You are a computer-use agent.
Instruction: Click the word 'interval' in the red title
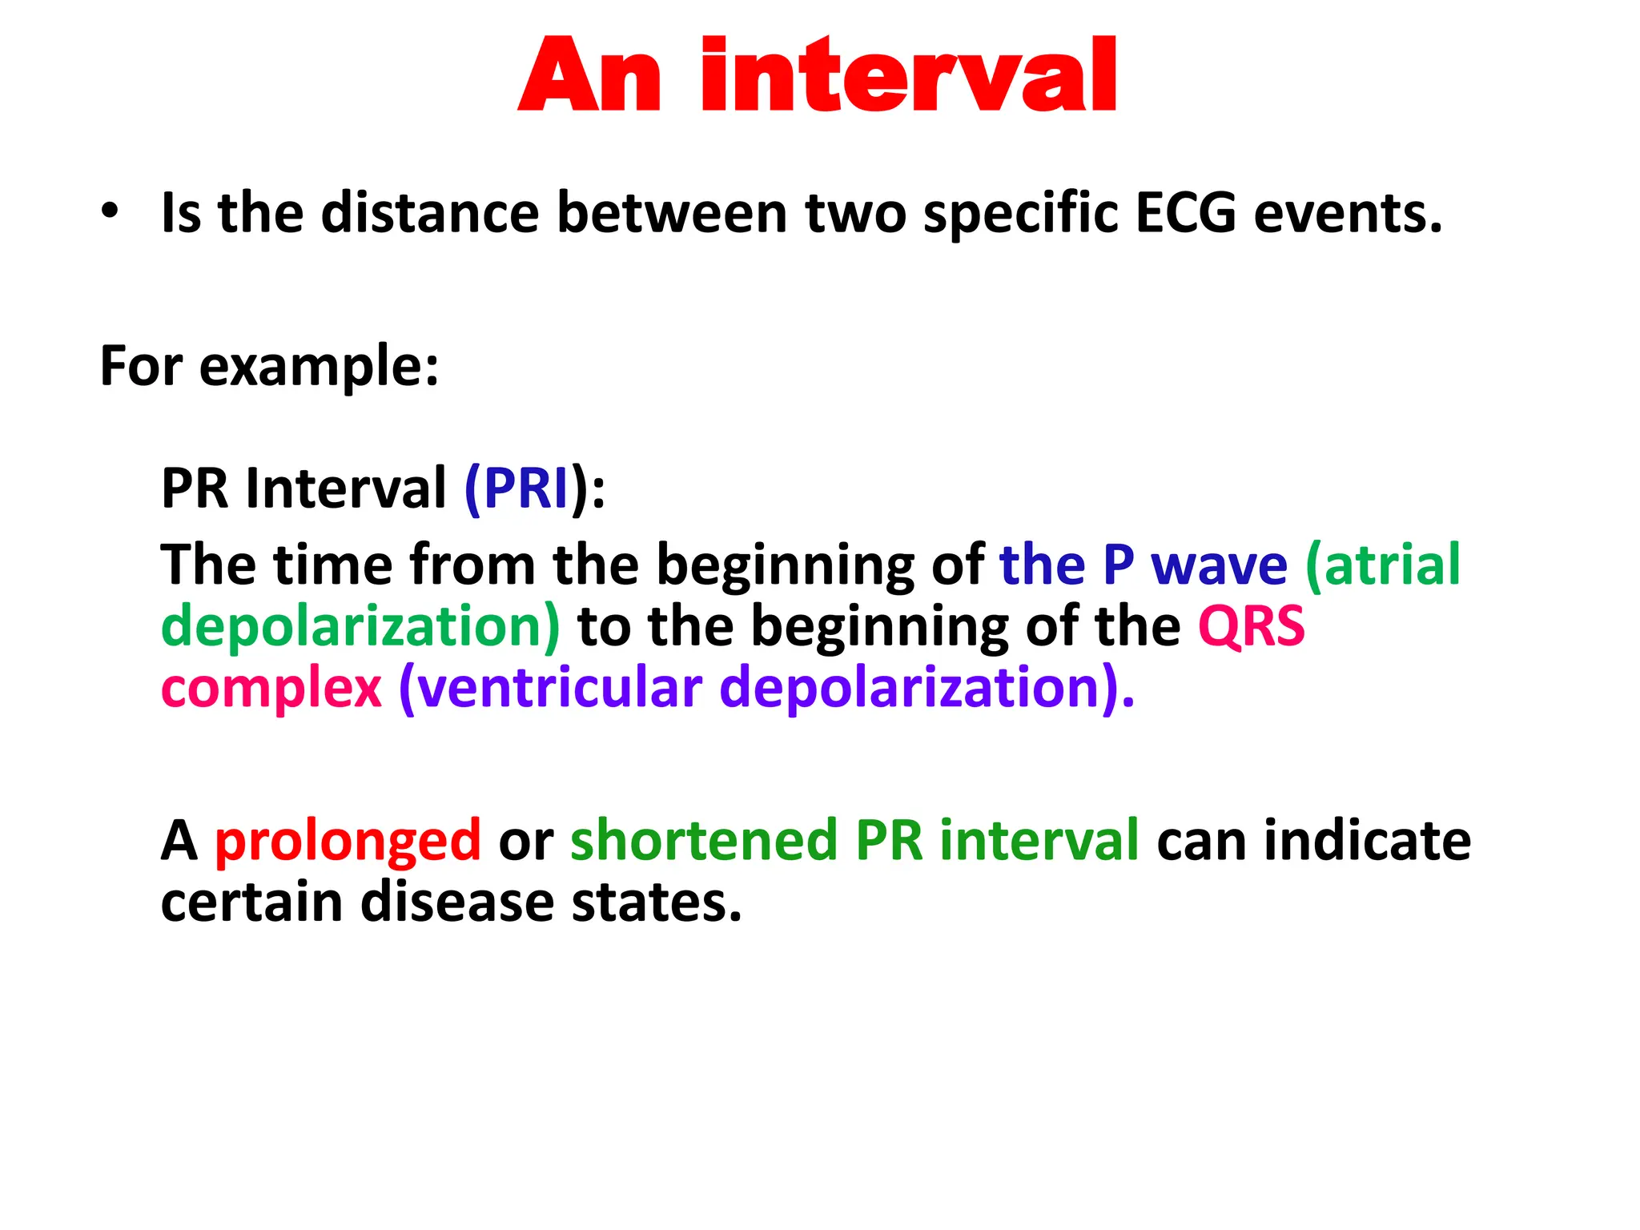point(908,76)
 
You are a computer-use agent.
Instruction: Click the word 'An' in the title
point(591,76)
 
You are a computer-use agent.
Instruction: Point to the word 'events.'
point(1348,213)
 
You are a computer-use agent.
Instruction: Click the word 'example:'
point(319,367)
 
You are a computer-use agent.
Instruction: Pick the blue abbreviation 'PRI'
point(526,488)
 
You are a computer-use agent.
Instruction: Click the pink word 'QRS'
point(1251,626)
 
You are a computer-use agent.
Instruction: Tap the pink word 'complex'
point(271,689)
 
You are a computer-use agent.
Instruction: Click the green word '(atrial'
point(1383,565)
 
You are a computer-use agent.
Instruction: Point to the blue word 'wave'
point(1219,565)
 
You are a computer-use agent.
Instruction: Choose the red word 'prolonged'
point(348,842)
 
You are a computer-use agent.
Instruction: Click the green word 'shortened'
point(704,840)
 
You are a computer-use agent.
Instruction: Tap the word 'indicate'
point(1367,840)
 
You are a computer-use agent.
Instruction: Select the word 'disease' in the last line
point(456,902)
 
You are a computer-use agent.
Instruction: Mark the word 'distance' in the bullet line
point(431,213)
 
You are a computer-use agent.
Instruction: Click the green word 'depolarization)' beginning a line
point(360,626)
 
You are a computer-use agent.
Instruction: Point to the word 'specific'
point(1020,213)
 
